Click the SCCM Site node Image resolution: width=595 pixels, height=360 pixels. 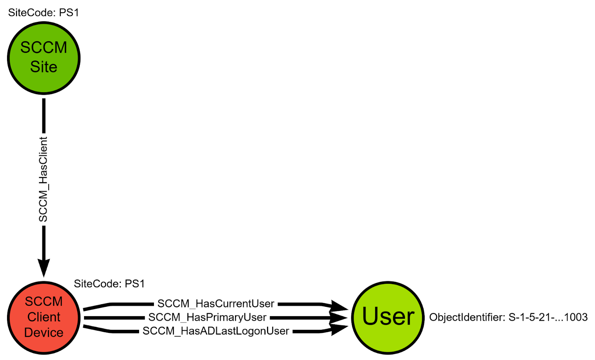44,58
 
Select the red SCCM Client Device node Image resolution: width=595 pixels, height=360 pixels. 44,317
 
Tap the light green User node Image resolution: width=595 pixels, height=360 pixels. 387,317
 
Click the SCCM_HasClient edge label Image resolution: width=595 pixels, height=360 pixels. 44,179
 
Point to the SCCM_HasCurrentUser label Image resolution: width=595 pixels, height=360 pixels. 216,304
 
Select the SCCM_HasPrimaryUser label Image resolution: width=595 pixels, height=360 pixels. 207,317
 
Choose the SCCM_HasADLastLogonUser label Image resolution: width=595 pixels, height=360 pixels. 216,331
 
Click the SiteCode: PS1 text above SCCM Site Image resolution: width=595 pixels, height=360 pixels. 44,13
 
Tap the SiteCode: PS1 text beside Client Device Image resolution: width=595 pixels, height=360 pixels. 109,284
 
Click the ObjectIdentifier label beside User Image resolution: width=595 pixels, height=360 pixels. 467,317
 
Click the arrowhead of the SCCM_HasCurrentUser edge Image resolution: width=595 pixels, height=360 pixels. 338,306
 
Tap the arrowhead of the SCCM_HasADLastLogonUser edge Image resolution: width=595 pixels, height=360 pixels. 338,329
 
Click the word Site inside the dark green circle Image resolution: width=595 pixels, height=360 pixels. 44,67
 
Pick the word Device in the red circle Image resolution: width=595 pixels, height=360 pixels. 44,332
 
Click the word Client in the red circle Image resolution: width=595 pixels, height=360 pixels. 44,317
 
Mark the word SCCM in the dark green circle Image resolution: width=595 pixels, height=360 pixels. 44,47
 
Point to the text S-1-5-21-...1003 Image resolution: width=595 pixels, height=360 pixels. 548,317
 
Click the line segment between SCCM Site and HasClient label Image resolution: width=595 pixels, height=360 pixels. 44,115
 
